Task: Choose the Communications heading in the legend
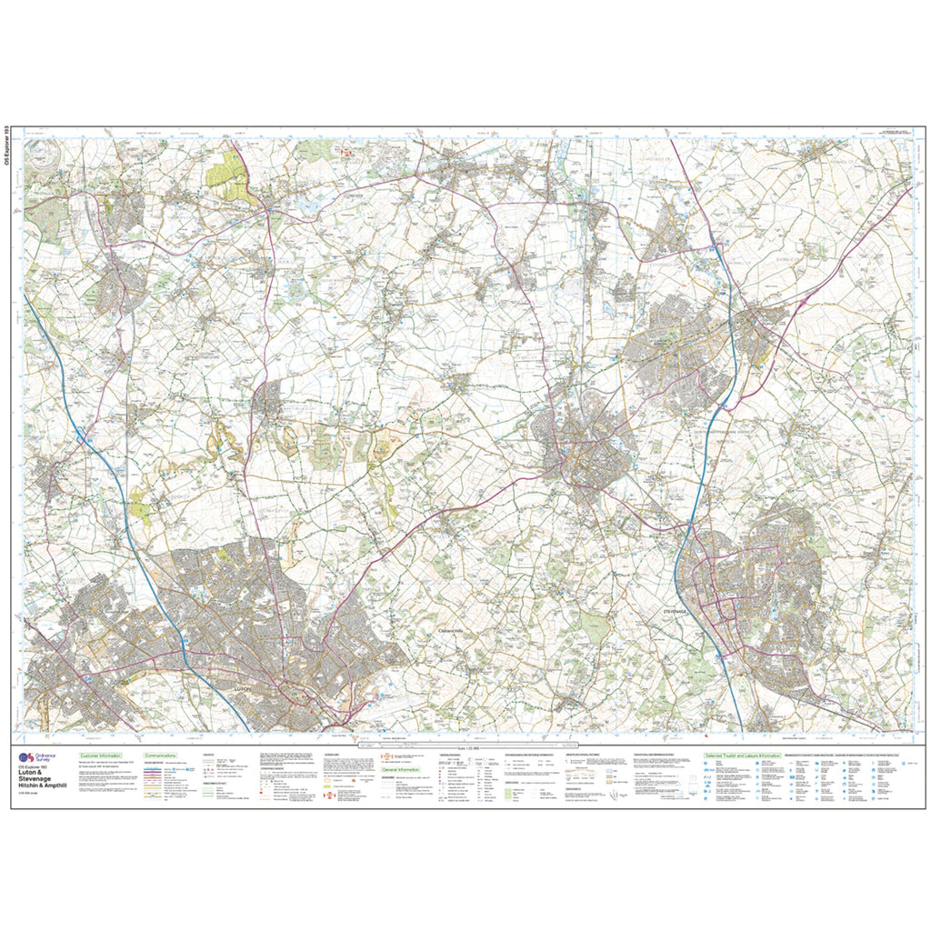tap(159, 756)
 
